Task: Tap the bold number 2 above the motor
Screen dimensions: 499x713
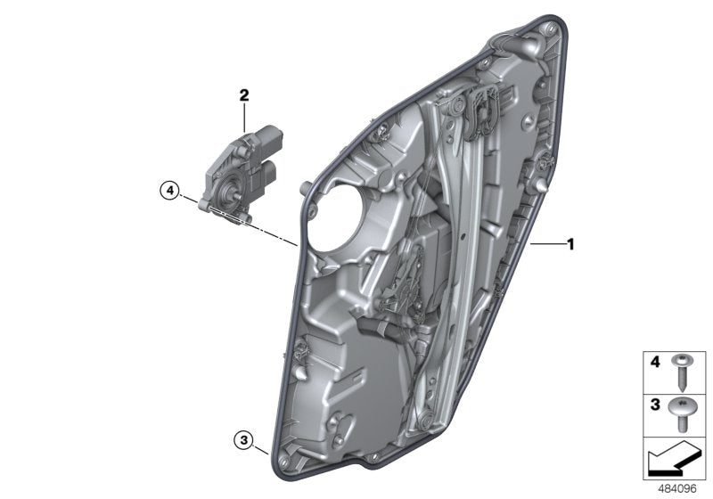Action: pos(243,94)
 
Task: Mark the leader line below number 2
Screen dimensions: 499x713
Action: pos(243,118)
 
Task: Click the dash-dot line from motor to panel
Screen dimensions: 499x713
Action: pos(258,226)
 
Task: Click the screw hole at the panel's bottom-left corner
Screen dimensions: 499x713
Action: pos(283,460)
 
